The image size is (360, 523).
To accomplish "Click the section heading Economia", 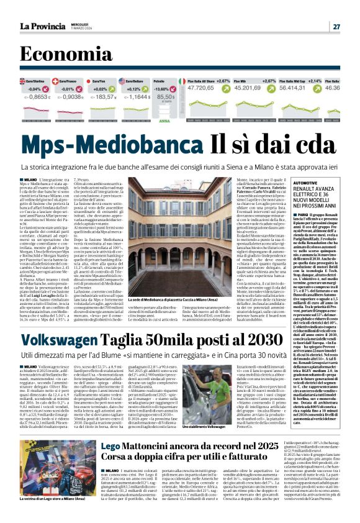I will (x=61, y=55).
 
